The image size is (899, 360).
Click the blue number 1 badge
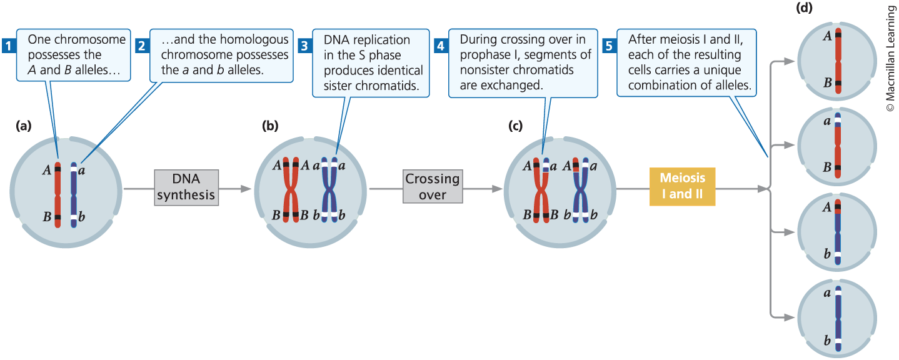[8, 45]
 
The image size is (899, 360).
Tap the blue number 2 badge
[141, 45]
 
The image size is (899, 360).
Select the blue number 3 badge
[304, 45]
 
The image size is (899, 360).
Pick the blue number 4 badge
[440, 45]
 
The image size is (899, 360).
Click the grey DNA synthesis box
[186, 187]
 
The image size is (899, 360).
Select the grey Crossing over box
[433, 186]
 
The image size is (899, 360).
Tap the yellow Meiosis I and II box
[682, 186]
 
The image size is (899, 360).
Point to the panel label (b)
[270, 126]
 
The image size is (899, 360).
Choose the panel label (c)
[515, 126]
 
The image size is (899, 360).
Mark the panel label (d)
[804, 8]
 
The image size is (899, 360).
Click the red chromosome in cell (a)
[58, 193]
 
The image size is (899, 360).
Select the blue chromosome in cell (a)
[74, 194]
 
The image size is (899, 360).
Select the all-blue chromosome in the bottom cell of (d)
[837, 318]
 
